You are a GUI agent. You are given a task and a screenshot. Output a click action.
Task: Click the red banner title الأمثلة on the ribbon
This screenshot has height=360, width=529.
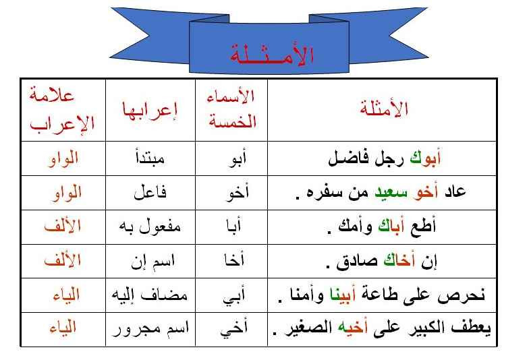click(272, 54)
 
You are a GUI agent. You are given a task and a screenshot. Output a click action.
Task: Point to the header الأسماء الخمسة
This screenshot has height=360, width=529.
click(232, 109)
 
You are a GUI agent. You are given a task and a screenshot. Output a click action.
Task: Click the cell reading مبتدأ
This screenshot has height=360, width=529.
click(150, 158)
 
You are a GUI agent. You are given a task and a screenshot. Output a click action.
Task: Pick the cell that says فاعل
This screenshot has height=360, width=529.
click(150, 193)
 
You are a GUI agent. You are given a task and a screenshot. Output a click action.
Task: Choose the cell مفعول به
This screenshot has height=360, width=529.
click(150, 227)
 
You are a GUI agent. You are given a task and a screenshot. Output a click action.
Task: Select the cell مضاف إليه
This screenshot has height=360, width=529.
click(150, 295)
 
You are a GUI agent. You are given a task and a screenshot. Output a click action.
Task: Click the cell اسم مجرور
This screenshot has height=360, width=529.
click(150, 328)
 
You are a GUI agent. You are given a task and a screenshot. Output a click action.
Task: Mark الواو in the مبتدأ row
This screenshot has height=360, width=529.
click(63, 158)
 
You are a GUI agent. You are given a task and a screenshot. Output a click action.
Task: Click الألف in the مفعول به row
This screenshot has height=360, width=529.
click(63, 226)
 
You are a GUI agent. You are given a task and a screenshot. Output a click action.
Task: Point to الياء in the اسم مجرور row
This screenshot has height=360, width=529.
click(63, 328)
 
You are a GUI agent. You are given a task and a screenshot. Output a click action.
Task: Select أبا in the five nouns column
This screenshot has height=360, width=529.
click(233, 226)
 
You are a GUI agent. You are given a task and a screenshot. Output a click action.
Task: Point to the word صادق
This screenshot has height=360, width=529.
click(357, 262)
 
